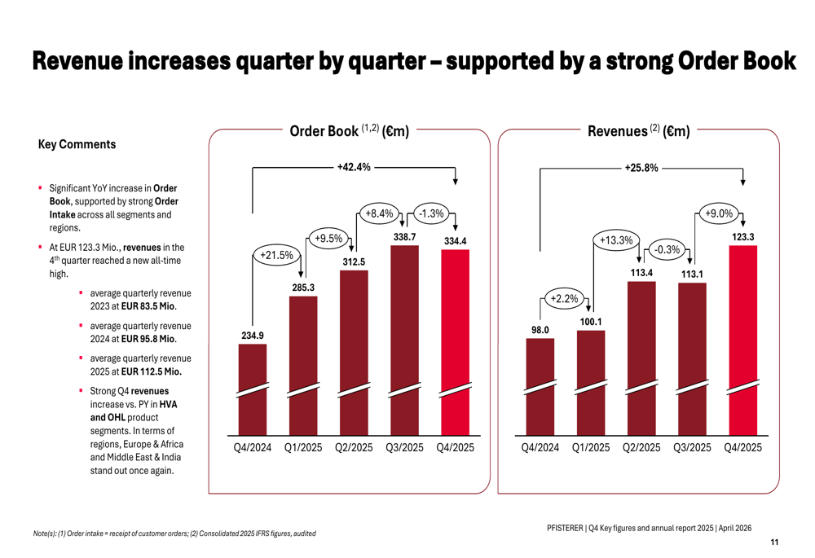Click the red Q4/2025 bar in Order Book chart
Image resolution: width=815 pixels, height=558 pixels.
455,342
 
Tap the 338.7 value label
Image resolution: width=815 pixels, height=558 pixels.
404,237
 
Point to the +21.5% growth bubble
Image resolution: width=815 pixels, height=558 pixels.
275,255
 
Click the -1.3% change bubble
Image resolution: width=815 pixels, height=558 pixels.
430,213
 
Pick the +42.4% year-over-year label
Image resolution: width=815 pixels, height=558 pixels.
354,167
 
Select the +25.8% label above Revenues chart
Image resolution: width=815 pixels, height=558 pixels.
641,168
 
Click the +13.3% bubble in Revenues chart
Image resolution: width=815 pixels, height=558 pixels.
616,240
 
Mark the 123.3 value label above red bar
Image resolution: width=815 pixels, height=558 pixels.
743,237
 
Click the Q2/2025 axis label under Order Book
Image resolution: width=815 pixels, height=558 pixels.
354,448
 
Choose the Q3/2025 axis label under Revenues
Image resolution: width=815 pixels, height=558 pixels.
692,448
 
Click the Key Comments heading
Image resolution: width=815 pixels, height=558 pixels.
77,144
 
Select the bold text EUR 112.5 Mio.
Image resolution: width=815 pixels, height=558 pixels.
151,371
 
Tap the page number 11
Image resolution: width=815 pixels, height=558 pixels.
773,543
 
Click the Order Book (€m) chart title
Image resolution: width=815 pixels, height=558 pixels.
349,130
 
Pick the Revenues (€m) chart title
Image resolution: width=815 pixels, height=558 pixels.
638,130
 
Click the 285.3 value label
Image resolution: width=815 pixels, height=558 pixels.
303,288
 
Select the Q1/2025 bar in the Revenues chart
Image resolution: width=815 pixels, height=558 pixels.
591,383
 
